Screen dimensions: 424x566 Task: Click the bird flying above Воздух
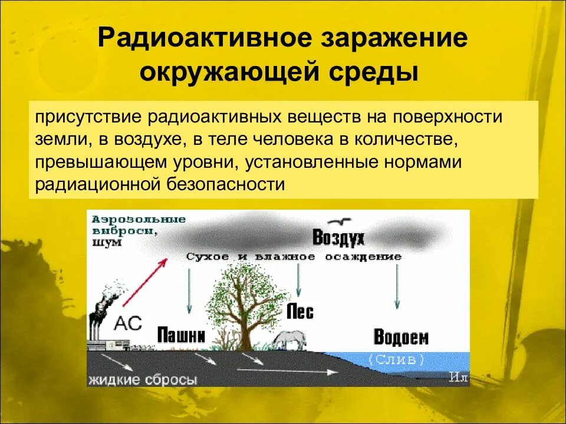tap(340, 222)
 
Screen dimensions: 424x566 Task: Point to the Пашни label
tap(181, 336)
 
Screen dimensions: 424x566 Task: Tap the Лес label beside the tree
tap(300, 312)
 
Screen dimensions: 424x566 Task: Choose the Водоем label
tap(401, 337)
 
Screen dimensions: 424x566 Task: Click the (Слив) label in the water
tap(396, 359)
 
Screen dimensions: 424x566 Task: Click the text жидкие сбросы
tap(143, 380)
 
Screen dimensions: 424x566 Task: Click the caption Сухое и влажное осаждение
tap(294, 257)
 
